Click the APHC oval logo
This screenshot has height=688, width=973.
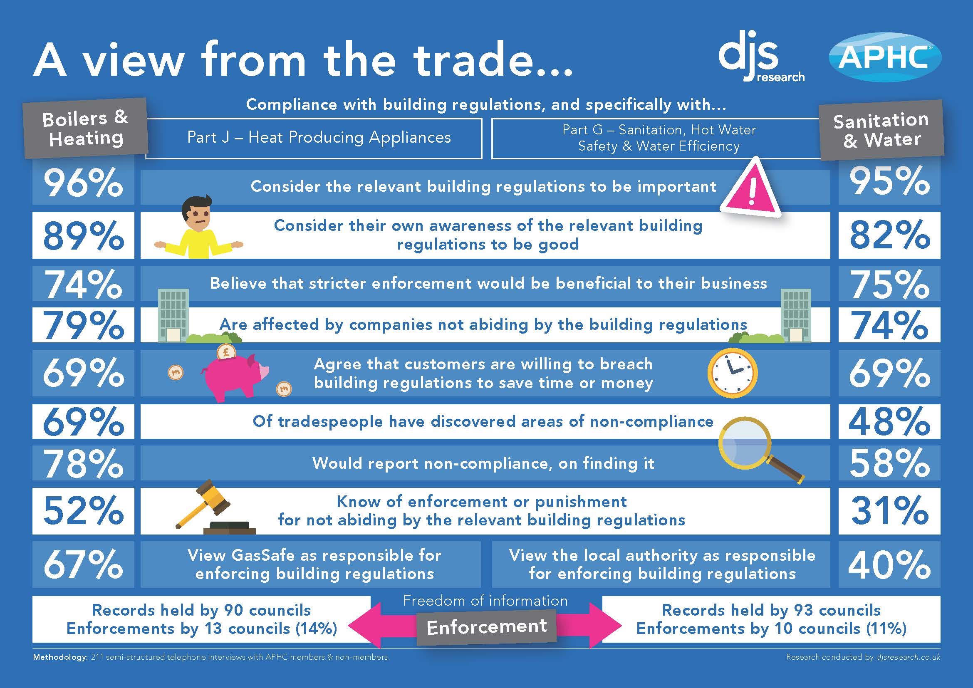point(885,58)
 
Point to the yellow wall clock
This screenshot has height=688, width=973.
point(732,372)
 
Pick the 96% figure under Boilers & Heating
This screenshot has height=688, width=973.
point(84,184)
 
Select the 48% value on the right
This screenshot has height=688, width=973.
point(889,421)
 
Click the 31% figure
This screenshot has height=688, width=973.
point(889,511)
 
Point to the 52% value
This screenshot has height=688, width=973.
point(84,511)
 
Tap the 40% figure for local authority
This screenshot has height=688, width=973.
point(889,565)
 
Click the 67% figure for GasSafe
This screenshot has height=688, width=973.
point(84,565)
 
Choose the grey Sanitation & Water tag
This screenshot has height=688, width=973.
point(881,130)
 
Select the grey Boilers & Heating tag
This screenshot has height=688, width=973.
point(86,128)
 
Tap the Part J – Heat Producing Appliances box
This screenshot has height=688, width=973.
point(314,138)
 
